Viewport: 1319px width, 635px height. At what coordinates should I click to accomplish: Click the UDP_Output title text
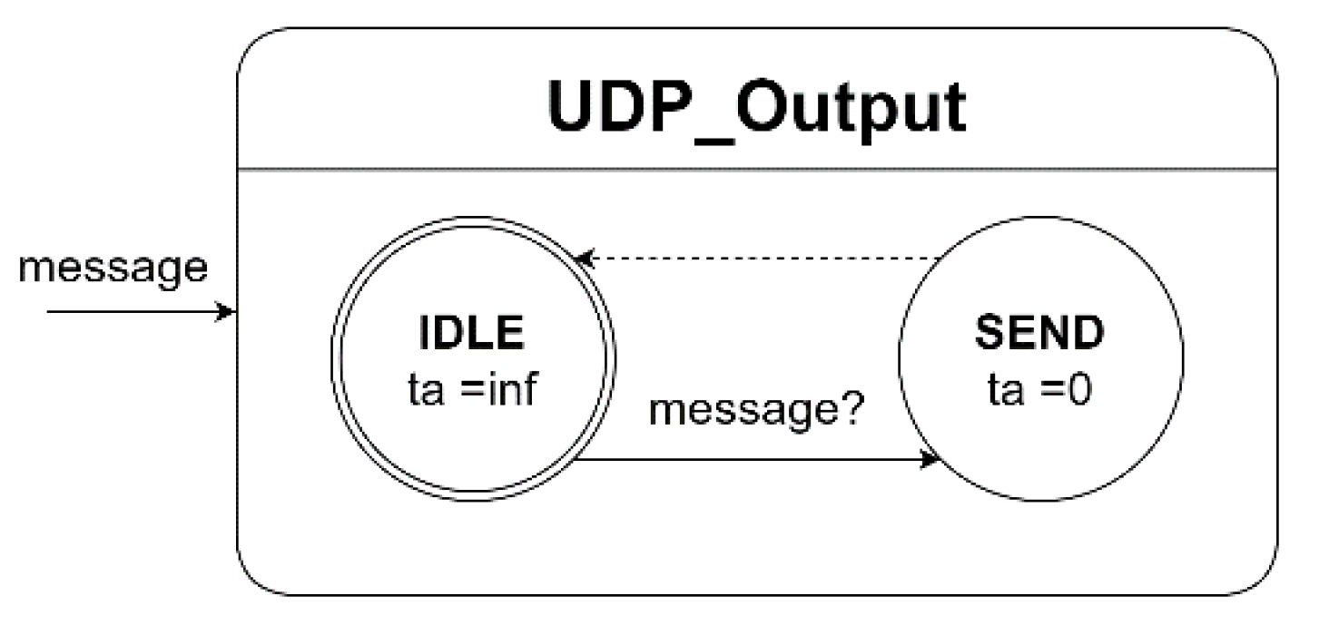coord(756,109)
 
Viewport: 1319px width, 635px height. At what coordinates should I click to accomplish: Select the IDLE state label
coord(472,334)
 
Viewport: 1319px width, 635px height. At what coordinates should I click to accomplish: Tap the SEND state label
coord(1039,334)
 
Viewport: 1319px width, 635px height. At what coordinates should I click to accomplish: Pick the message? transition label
coord(757,413)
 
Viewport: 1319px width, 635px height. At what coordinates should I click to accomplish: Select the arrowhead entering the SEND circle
coord(930,459)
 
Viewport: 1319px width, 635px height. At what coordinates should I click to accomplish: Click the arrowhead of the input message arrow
coord(228,312)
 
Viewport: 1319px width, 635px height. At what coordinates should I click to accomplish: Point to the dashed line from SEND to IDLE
coord(763,259)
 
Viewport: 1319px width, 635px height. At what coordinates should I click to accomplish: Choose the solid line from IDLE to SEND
coord(753,459)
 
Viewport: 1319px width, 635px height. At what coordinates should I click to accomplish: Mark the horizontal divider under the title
coord(756,169)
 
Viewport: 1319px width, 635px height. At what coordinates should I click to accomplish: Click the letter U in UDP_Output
coord(572,109)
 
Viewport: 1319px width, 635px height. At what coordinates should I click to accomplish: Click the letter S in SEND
coord(989,334)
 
